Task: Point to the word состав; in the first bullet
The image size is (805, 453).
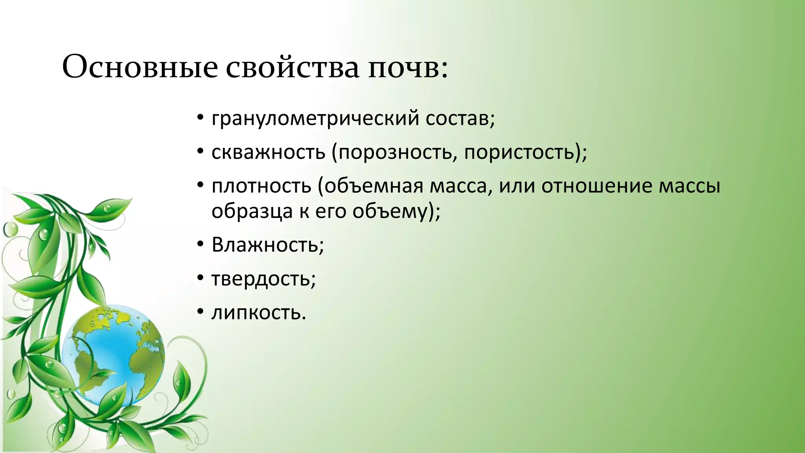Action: click(x=460, y=118)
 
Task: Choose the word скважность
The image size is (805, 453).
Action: click(x=268, y=152)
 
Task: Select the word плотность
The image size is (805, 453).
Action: click(x=261, y=186)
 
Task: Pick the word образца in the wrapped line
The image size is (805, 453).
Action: click(x=252, y=211)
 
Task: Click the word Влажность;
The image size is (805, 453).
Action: click(x=268, y=245)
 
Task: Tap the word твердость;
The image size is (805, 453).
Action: click(x=263, y=279)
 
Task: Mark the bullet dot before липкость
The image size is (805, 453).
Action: click(x=200, y=313)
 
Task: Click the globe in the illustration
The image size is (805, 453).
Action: click(x=114, y=356)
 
